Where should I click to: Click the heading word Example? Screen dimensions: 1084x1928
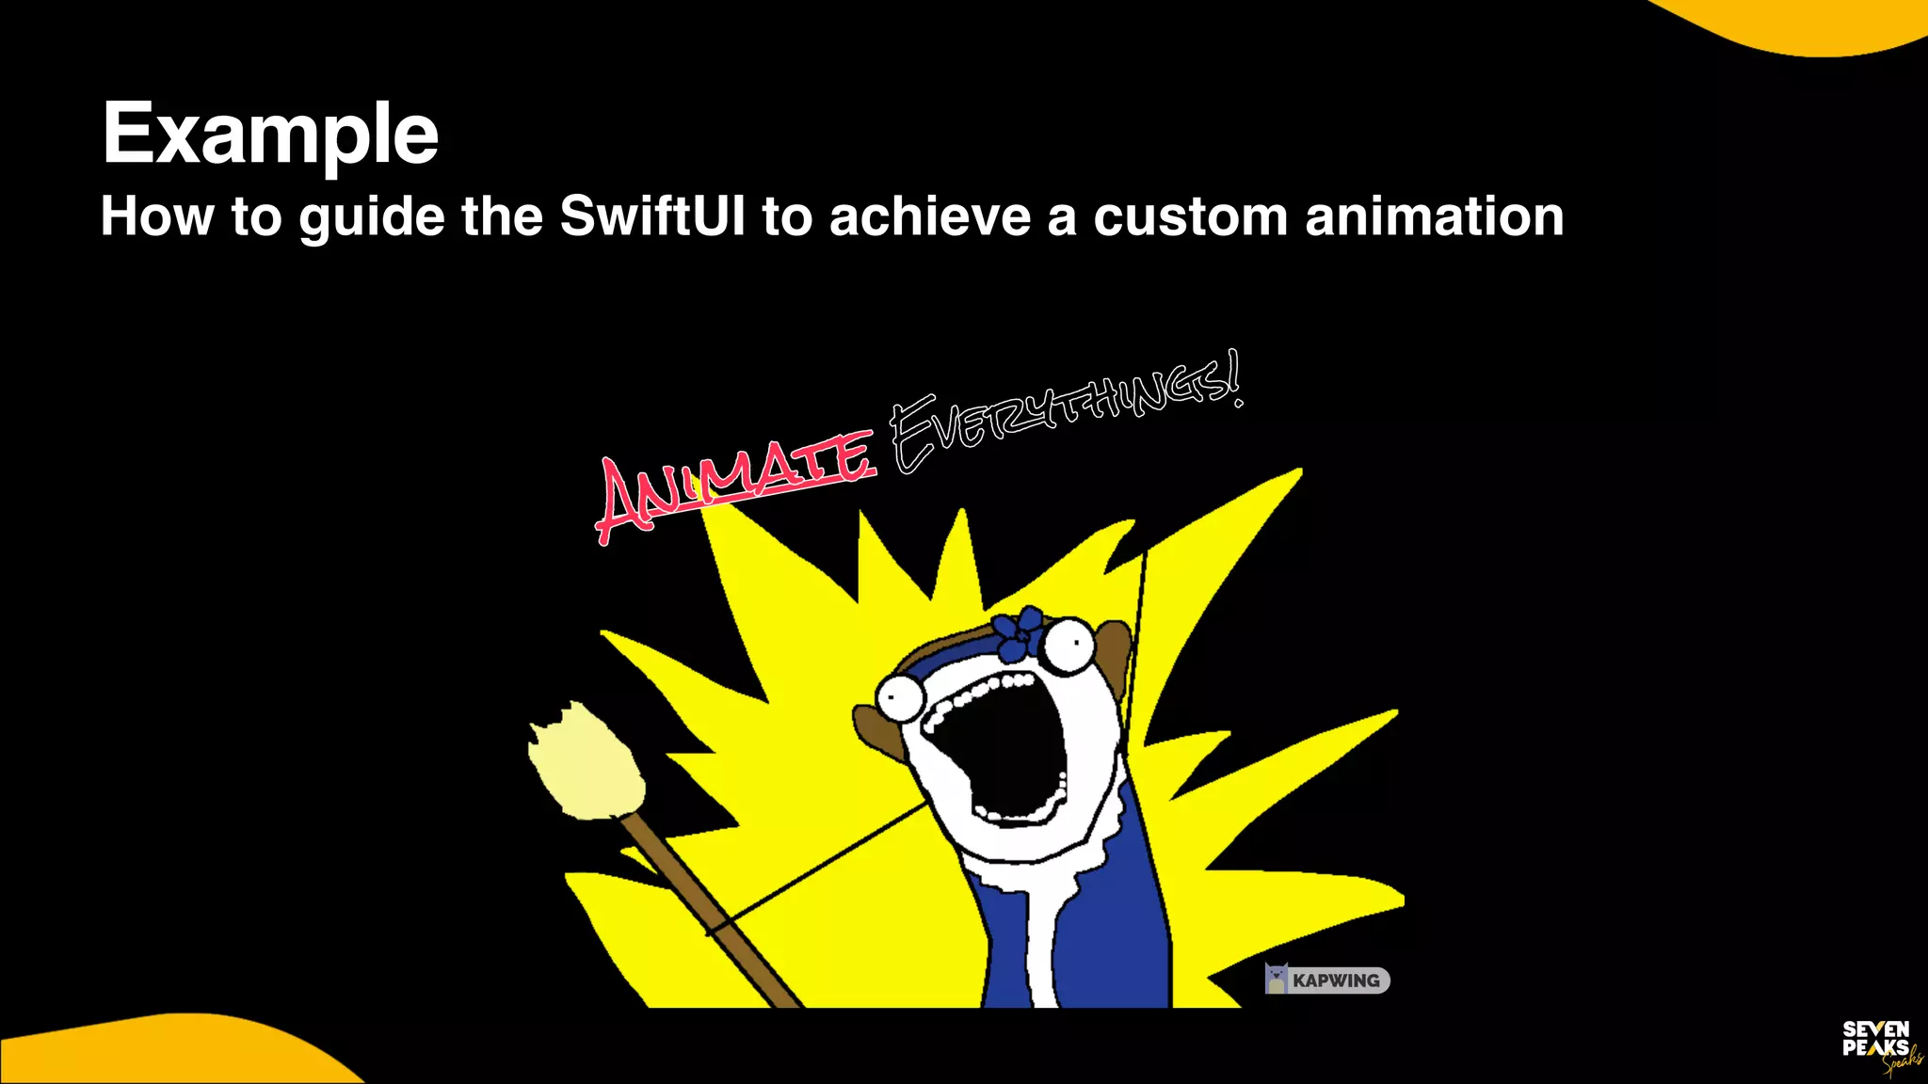(270, 134)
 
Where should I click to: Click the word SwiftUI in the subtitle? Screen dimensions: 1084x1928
(652, 216)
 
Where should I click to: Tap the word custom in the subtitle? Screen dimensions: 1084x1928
(1190, 216)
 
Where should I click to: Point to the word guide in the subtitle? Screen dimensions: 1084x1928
(372, 218)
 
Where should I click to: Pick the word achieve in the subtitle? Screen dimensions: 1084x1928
(930, 216)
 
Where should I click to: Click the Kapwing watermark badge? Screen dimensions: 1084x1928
(1327, 980)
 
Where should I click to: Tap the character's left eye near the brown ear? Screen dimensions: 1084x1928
(899, 697)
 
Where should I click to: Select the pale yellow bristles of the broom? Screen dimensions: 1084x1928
(586, 762)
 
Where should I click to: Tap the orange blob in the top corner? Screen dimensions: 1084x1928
(1817, 24)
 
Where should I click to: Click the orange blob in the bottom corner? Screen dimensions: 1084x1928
(169, 1054)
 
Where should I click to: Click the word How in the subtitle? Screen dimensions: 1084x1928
(157, 216)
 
